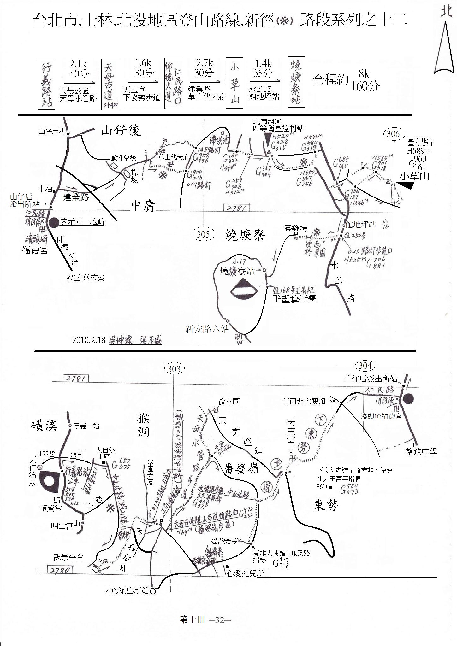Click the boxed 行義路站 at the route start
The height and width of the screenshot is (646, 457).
tap(46, 84)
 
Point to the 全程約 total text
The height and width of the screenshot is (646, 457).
tap(330, 79)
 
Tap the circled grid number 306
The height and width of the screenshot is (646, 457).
tap(393, 133)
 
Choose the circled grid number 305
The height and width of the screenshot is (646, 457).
tap(203, 234)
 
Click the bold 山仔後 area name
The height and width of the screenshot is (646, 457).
tap(121, 130)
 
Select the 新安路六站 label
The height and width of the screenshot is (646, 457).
tap(207, 330)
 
